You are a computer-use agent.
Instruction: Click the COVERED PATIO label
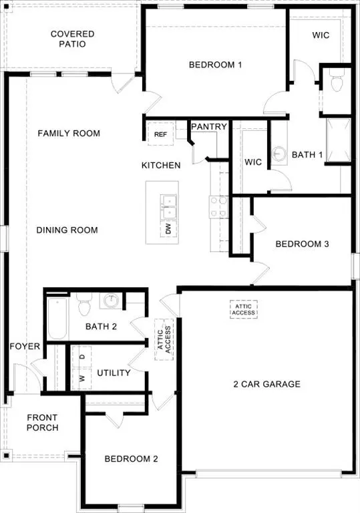(73, 39)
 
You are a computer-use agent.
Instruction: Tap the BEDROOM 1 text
(214, 65)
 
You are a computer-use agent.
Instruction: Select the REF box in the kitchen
(160, 134)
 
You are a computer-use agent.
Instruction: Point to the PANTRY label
(209, 126)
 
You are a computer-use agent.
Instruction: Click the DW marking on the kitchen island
(165, 229)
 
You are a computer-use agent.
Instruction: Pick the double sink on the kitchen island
(168, 206)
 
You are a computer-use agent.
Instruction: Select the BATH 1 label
(307, 155)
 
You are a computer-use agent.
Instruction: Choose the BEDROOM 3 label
(302, 244)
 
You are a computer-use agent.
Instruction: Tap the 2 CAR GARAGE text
(266, 384)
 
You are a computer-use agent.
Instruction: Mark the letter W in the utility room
(82, 379)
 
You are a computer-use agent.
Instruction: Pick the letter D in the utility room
(82, 357)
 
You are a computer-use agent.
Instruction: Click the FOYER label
(25, 347)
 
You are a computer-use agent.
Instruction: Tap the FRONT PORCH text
(43, 423)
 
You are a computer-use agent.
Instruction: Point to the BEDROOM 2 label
(131, 459)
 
